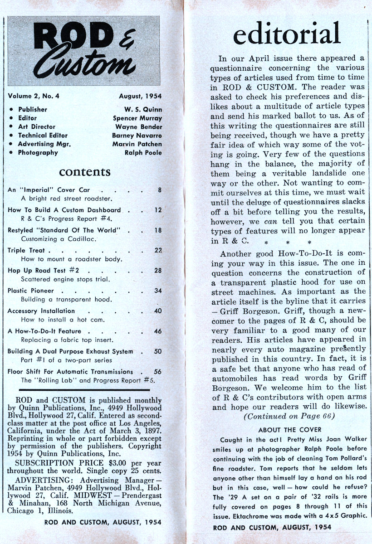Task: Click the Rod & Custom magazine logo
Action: (84, 51)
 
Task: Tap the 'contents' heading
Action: (84, 172)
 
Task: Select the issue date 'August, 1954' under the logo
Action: (140, 96)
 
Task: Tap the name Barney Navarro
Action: (137, 135)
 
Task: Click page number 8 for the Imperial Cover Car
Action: (160, 190)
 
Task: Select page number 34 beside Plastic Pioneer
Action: (158, 291)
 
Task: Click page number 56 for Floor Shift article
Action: (158, 371)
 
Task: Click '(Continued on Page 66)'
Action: (289, 416)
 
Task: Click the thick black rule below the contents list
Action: (85, 389)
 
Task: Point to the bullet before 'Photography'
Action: (10, 153)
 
